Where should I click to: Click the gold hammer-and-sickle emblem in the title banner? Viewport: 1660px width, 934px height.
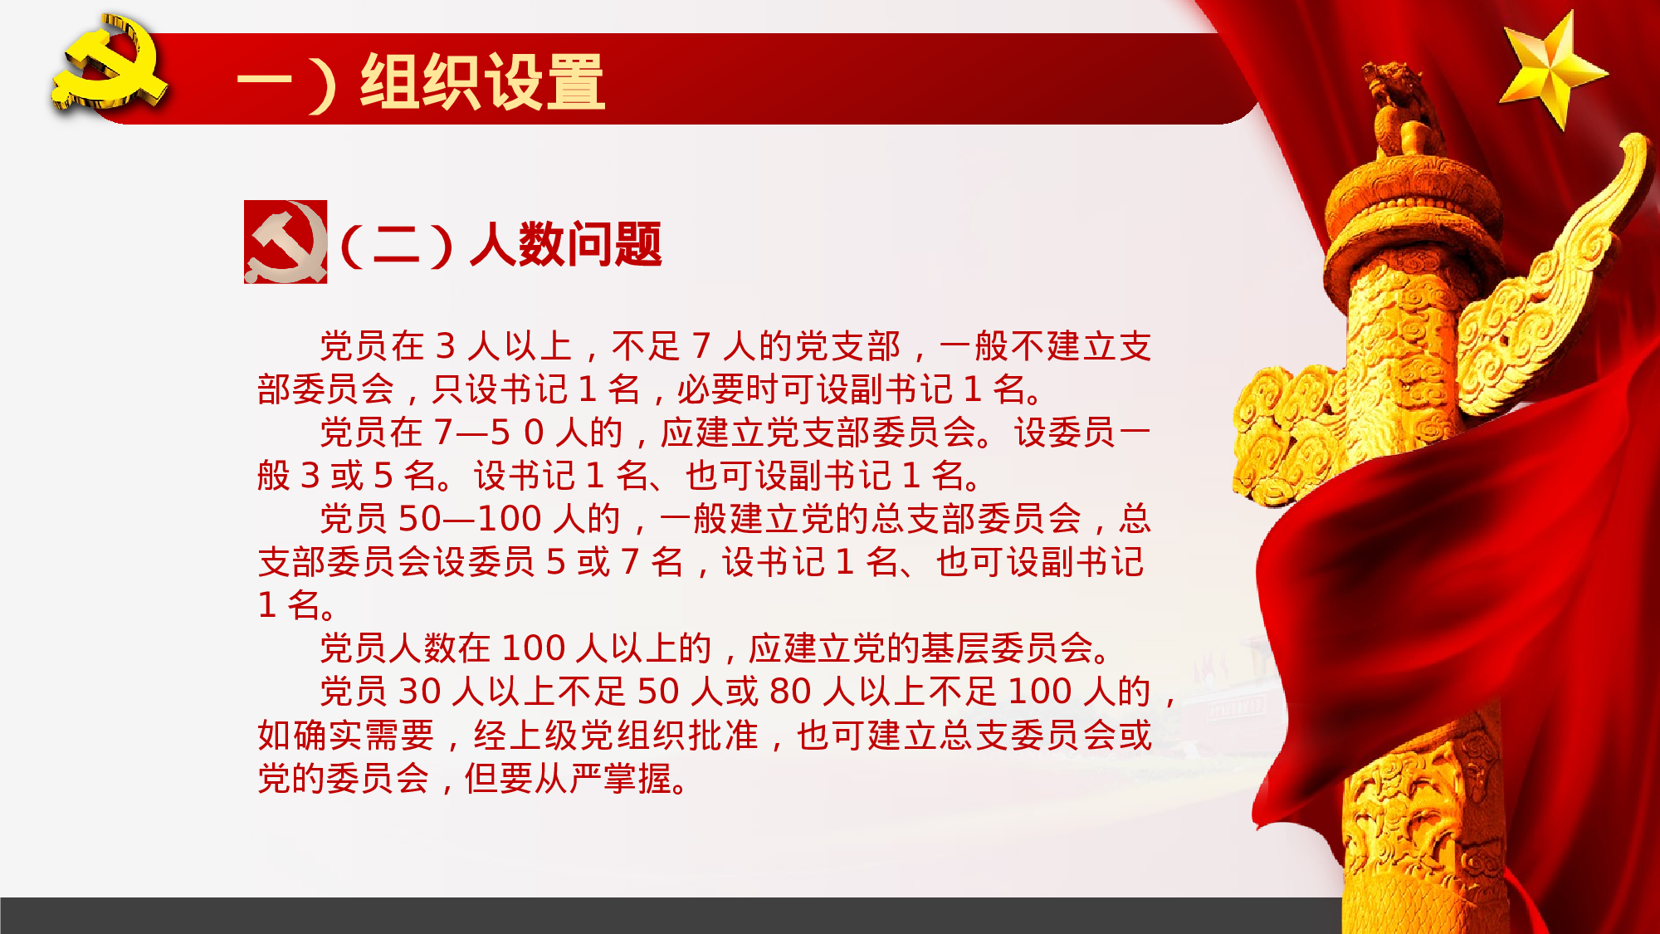[x=108, y=65]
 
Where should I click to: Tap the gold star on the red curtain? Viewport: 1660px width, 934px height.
[x=1550, y=70]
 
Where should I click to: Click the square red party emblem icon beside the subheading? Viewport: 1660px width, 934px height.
[x=285, y=242]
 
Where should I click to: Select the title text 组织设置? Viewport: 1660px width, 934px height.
[x=482, y=81]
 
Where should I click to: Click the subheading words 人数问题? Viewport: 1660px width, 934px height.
[x=566, y=245]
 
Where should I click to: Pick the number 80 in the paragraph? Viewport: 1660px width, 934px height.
[x=789, y=692]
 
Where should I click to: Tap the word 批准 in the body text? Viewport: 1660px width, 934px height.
[x=723, y=735]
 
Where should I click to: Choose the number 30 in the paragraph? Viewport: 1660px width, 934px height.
[x=419, y=692]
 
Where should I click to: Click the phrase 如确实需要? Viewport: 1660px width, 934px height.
[x=345, y=735]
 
